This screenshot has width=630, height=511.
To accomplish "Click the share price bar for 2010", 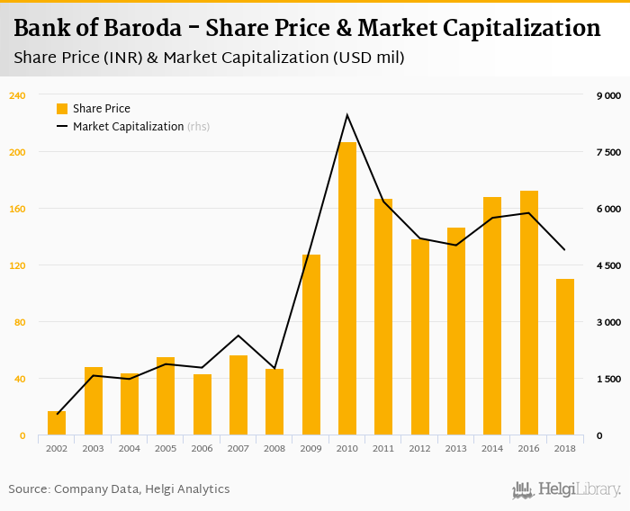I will coord(347,289).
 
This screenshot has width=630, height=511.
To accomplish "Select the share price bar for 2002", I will coord(57,424).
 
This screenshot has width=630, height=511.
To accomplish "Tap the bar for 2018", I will coord(564,357).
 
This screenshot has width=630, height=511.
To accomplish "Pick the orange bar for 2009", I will coord(311,345).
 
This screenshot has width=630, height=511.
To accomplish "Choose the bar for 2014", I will coord(492,316).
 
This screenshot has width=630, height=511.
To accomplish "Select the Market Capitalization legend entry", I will coord(131,127).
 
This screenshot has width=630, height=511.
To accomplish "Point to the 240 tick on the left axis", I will coord(16,95).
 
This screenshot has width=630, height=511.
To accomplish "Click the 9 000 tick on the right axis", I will coord(608,95).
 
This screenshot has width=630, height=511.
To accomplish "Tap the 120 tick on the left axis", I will coord(16,265).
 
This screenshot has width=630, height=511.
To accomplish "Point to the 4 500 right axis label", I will coord(608,265).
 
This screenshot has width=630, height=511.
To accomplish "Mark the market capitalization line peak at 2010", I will coord(347,115).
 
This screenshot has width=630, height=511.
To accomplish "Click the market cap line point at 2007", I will coord(238,336).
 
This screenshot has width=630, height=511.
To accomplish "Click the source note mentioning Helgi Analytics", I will coord(119,489).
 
